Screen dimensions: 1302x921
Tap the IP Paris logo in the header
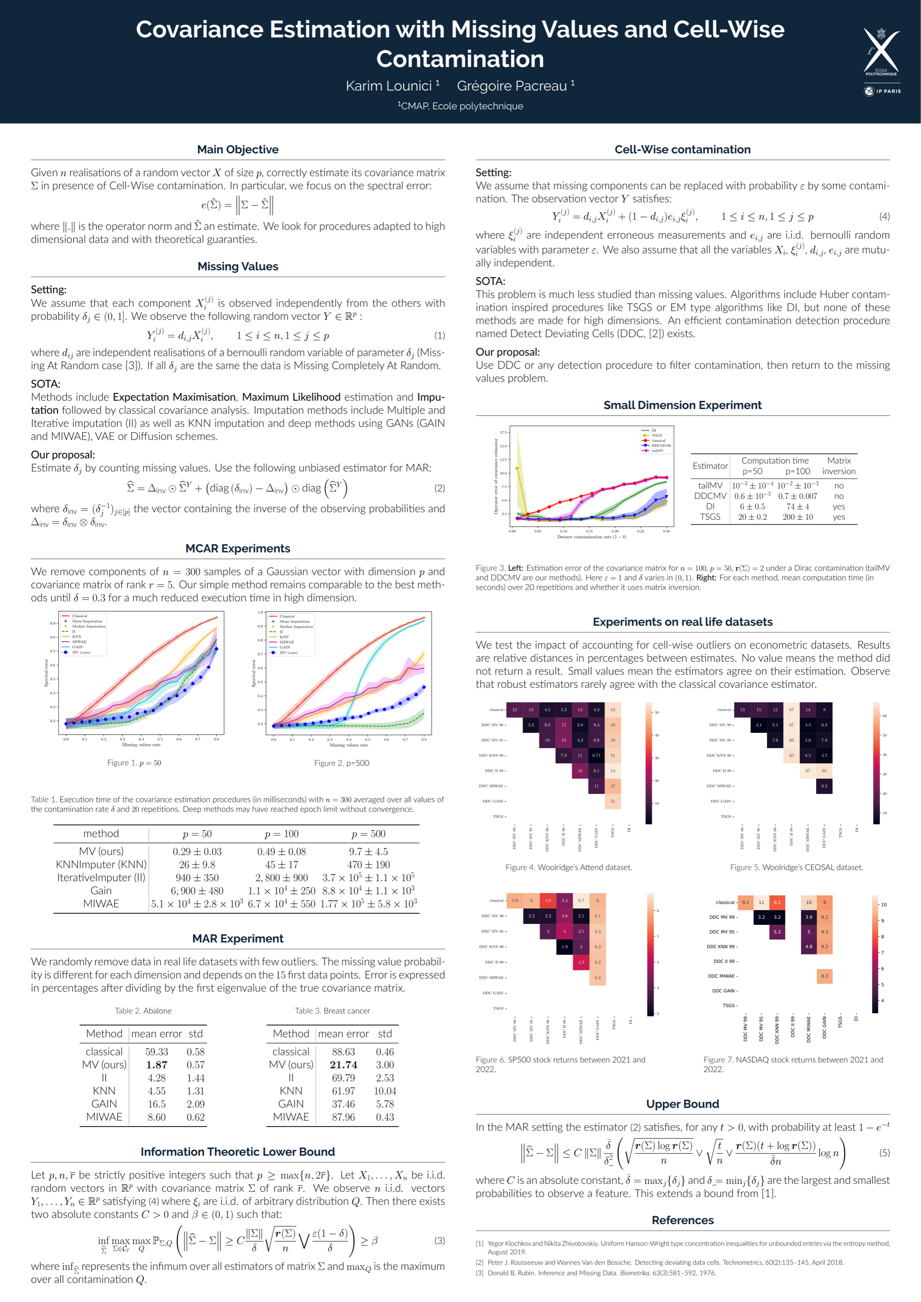pyautogui.click(x=882, y=91)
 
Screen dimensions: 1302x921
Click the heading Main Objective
pyautogui.click(x=238, y=149)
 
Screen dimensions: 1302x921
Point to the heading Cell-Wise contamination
pyautogui.click(x=682, y=149)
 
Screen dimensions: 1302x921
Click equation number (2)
pyautogui.click(x=439, y=488)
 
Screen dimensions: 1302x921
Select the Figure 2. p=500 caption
pyautogui.click(x=341, y=763)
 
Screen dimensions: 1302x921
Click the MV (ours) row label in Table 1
pyautogui.click(x=101, y=851)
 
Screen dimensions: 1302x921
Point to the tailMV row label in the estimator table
pyautogui.click(x=710, y=486)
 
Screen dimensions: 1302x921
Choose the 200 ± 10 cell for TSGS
pyautogui.click(x=798, y=517)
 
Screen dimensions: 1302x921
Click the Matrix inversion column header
pyautogui.click(x=838, y=466)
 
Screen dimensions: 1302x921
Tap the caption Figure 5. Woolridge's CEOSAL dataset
pyautogui.click(x=796, y=867)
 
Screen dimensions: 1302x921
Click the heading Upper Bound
pyautogui.click(x=682, y=1104)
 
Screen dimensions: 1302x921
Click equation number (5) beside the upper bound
pyautogui.click(x=884, y=1153)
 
